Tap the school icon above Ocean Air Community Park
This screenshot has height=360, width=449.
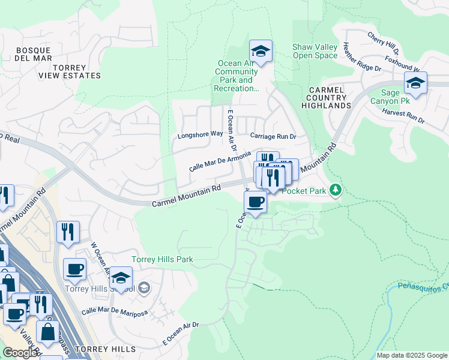(x=261, y=52)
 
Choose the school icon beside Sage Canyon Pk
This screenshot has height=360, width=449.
(x=415, y=84)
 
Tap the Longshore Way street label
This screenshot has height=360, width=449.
(x=200, y=134)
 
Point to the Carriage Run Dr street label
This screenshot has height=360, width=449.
(x=274, y=136)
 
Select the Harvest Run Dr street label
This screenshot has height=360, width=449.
(x=403, y=116)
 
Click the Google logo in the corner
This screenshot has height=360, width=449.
(x=20, y=353)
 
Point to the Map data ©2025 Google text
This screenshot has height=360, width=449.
(x=412, y=355)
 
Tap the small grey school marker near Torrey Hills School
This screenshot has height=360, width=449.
(x=143, y=289)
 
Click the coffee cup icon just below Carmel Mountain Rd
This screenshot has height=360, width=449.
(x=256, y=202)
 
